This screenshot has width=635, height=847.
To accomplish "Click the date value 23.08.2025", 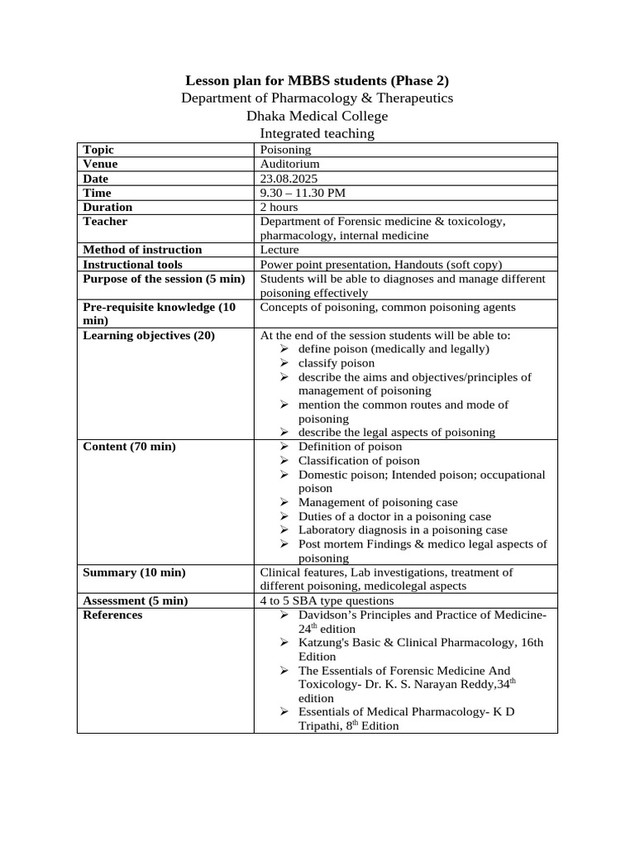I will [x=289, y=179].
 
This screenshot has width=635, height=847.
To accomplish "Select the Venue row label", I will [x=101, y=164].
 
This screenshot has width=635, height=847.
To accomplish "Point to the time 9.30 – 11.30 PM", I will [x=303, y=193].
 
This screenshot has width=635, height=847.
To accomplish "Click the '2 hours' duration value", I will [x=279, y=207].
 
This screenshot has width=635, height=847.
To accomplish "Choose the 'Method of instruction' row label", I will [x=142, y=250].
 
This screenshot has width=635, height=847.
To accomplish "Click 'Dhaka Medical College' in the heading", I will [x=317, y=116].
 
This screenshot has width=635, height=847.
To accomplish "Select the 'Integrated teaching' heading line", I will [x=317, y=133].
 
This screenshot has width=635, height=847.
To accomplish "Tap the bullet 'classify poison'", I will [x=336, y=363].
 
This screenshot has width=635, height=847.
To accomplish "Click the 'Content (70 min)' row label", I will [x=129, y=447].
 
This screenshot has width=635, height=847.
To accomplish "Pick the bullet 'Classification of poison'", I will [x=359, y=461].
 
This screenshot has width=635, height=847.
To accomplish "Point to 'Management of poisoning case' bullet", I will [x=377, y=502].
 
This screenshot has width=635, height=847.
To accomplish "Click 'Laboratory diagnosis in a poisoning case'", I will [x=403, y=530].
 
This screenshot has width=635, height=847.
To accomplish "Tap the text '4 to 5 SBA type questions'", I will [x=327, y=601].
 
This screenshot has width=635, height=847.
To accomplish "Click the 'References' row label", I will [x=112, y=615].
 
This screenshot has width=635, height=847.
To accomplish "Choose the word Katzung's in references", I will [x=326, y=643].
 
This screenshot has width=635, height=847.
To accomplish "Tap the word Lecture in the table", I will [x=279, y=250].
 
